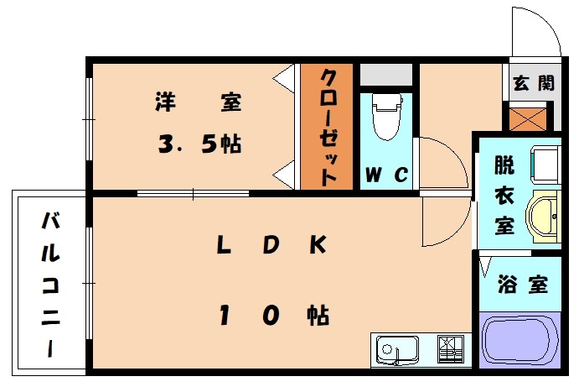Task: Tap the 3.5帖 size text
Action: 199,144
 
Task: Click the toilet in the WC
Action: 385,118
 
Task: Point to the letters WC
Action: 385,175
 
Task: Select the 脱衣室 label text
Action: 503,195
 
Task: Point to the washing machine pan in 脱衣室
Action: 546,163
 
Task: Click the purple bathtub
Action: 520,339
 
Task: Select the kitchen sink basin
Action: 397,348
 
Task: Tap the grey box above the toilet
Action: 386,74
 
